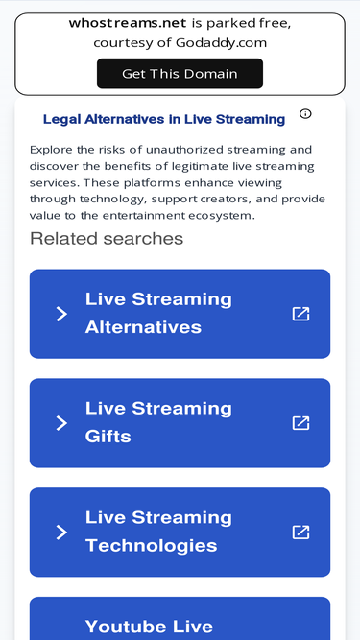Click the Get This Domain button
[180, 74]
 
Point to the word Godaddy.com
[221, 43]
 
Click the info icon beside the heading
[305, 114]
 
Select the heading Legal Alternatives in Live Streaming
[164, 120]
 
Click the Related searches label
[107, 238]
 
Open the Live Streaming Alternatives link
[159, 313]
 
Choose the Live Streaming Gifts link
[159, 422]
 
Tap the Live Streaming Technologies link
[159, 532]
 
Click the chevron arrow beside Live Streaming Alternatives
[61, 314]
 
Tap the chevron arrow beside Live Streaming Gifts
[61, 423]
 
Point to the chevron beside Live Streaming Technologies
[61, 533]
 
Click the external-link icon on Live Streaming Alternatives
[300, 314]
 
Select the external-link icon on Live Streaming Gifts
[300, 423]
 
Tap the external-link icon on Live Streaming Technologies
[300, 533]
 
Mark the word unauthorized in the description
[179, 150]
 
